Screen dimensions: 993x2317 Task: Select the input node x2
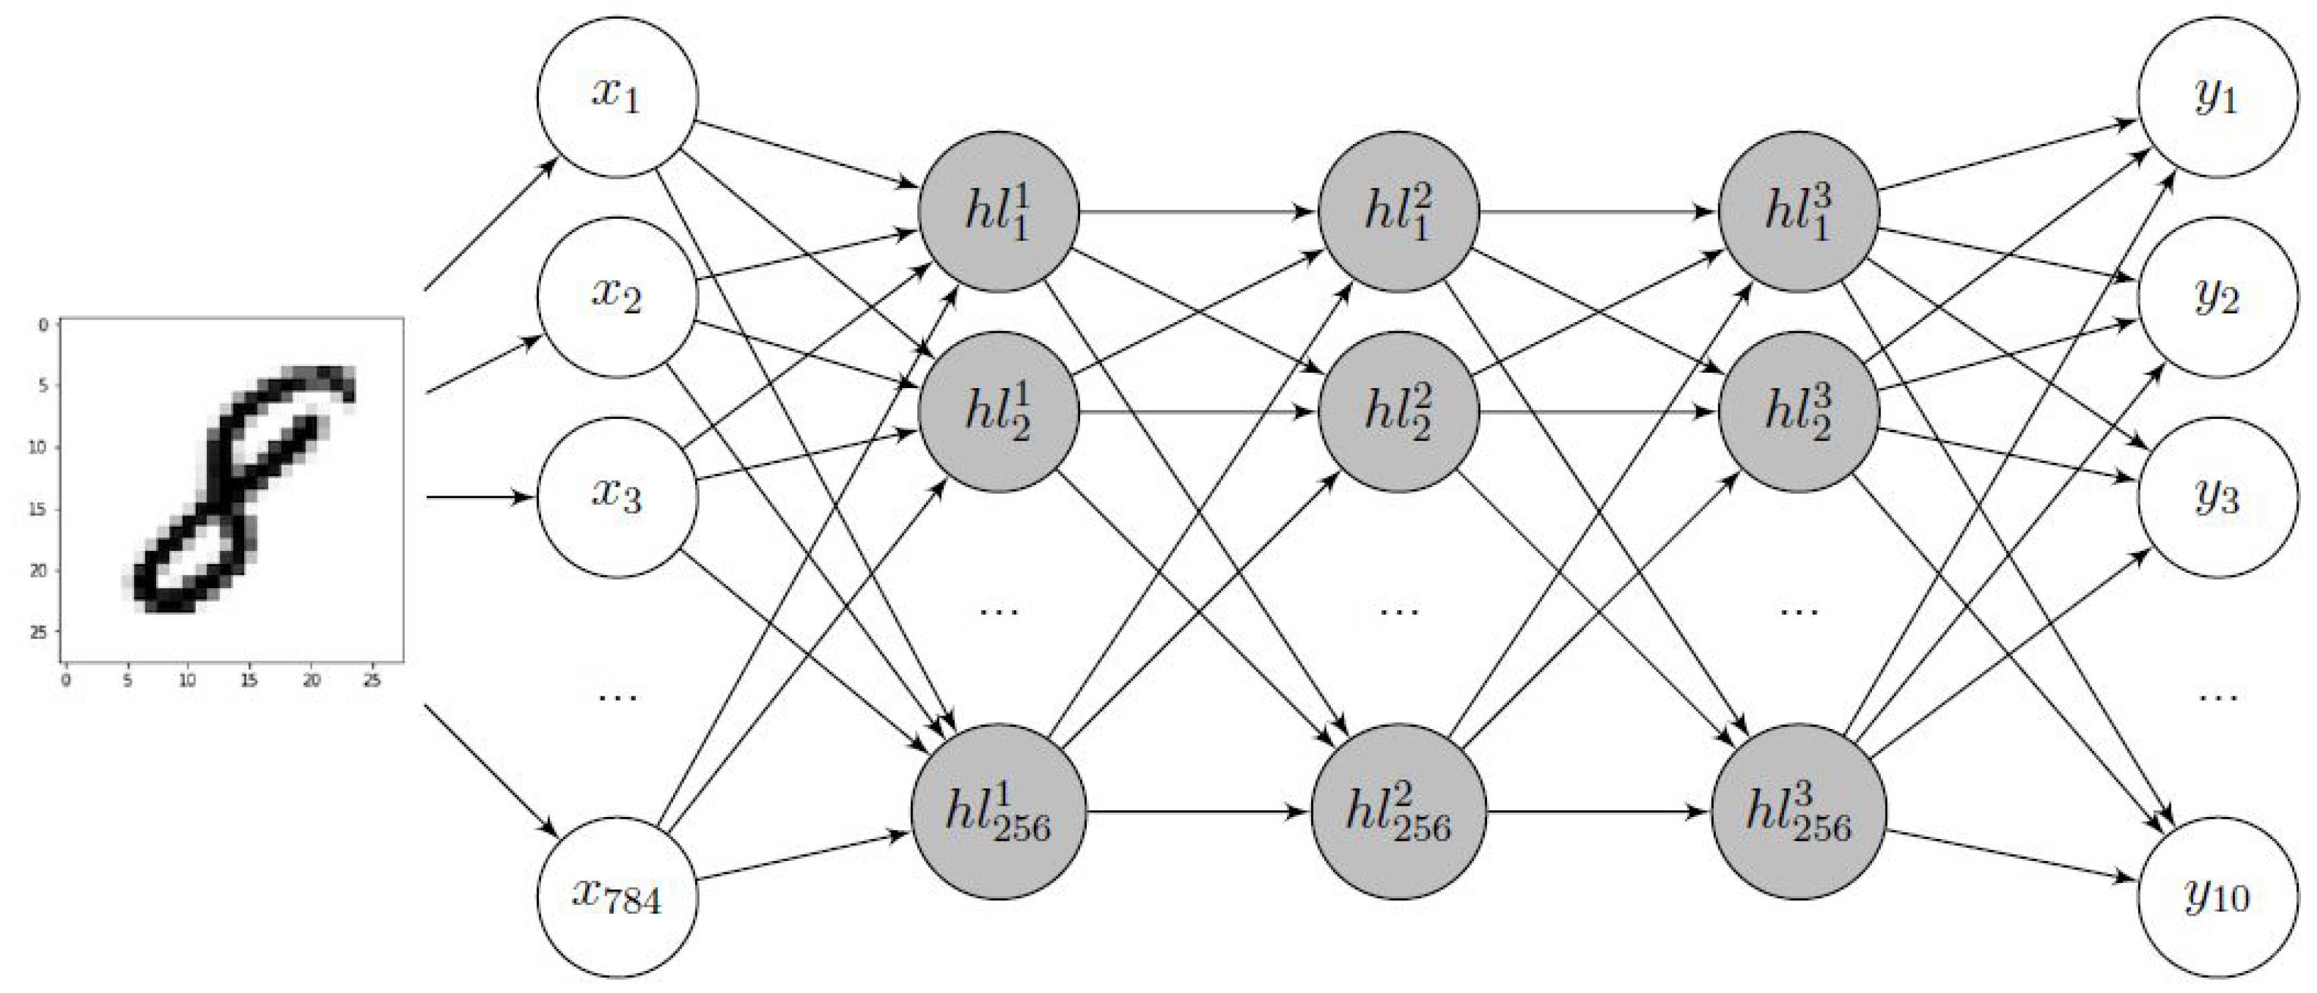pyautogui.click(x=617, y=297)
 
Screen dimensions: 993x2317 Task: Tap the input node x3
pyautogui.click(x=617, y=496)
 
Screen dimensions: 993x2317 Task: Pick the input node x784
pyautogui.click(x=617, y=897)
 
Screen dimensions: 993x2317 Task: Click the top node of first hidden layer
pyautogui.click(x=999, y=212)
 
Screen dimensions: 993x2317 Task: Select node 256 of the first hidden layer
pyautogui.click(x=999, y=812)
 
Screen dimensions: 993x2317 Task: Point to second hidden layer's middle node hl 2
pyautogui.click(x=1398, y=413)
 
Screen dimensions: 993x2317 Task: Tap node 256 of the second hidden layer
pyautogui.click(x=1398, y=812)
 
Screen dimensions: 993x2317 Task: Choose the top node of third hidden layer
pyautogui.click(x=1799, y=212)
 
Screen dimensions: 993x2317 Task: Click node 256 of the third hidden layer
pyautogui.click(x=1799, y=812)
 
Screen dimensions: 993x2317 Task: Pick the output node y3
pyautogui.click(x=2217, y=496)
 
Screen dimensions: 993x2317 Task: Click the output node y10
pyautogui.click(x=2217, y=897)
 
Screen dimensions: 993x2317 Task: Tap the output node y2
pyautogui.click(x=2217, y=297)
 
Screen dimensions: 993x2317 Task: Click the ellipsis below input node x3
pyautogui.click(x=617, y=696)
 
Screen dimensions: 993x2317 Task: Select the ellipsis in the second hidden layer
pyautogui.click(x=1398, y=612)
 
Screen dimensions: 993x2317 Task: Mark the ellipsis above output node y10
pyautogui.click(x=2217, y=696)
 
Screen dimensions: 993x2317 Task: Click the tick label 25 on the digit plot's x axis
pyautogui.click(x=372, y=682)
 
